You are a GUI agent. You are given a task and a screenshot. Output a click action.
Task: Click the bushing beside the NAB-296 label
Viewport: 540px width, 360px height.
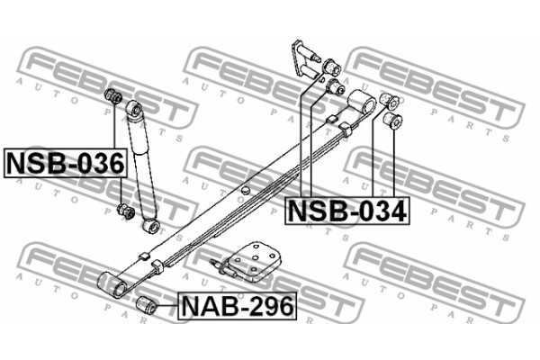tap(147, 305)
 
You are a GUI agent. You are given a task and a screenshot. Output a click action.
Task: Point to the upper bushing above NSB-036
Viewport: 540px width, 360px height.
tap(114, 95)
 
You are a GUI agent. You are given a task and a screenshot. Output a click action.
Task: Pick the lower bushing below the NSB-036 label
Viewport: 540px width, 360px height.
tap(127, 212)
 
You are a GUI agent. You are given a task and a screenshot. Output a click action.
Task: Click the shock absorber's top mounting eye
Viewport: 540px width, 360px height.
tap(136, 108)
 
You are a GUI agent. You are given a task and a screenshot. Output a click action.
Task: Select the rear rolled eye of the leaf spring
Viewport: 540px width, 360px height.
tap(364, 101)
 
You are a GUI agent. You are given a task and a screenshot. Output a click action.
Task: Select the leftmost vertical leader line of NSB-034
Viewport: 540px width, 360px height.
tap(302, 144)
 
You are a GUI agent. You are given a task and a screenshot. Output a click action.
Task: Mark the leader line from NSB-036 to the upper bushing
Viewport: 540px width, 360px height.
tap(114, 126)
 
